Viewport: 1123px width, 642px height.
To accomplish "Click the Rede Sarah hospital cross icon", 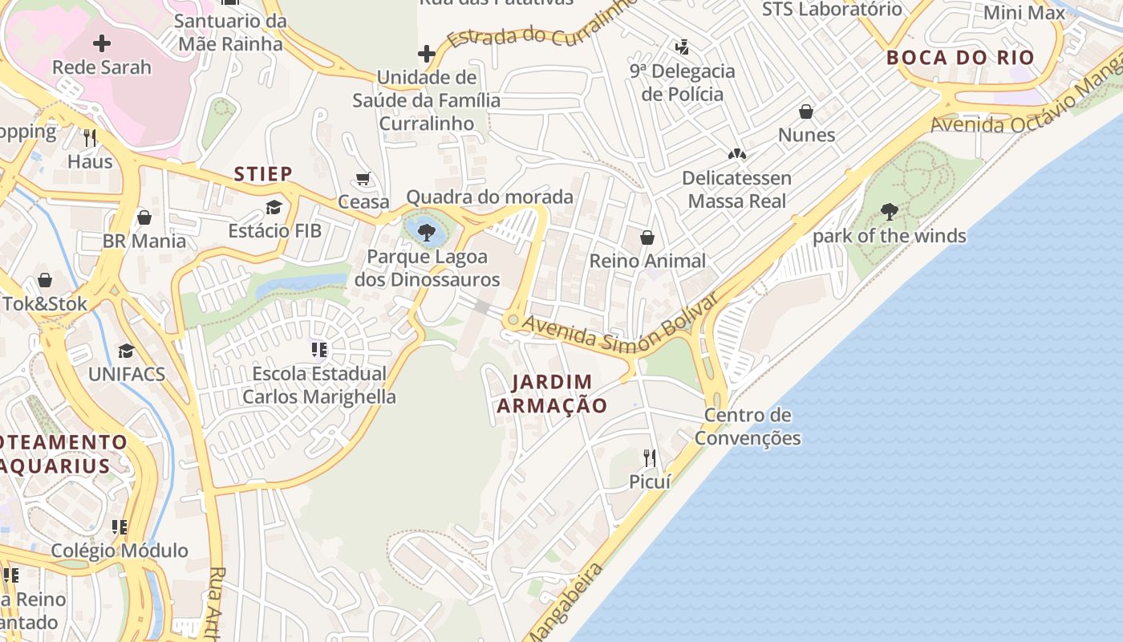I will [x=102, y=43].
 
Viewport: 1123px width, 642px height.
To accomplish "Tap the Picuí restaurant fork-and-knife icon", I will [x=650, y=458].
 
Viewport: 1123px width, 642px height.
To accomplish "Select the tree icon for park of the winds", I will [x=889, y=212].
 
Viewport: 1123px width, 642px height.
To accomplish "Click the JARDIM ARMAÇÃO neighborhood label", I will [x=552, y=393].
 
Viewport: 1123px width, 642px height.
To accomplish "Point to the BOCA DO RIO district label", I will [x=960, y=58].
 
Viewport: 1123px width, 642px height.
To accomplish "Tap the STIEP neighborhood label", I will [x=263, y=173].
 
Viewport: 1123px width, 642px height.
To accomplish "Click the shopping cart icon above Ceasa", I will [x=363, y=178].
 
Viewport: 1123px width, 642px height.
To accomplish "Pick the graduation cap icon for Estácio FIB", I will [x=274, y=208].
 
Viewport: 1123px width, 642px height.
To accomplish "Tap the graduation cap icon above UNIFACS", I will [x=126, y=351].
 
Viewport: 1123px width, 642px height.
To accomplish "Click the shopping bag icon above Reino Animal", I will [x=647, y=238].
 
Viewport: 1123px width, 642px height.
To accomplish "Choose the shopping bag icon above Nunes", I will [x=806, y=112].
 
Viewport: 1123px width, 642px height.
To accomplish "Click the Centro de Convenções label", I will [x=748, y=426].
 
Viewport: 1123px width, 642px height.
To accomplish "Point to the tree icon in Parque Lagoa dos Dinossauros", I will [x=427, y=233].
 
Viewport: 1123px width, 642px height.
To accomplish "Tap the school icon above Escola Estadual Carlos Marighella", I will [x=319, y=349].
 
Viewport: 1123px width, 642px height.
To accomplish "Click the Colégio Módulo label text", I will [x=120, y=551].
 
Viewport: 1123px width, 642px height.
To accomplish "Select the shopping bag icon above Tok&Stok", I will [x=45, y=280].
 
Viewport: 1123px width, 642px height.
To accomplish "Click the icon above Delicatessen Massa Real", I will [x=736, y=153].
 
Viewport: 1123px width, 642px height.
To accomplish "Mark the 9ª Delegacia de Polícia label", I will [x=683, y=83].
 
